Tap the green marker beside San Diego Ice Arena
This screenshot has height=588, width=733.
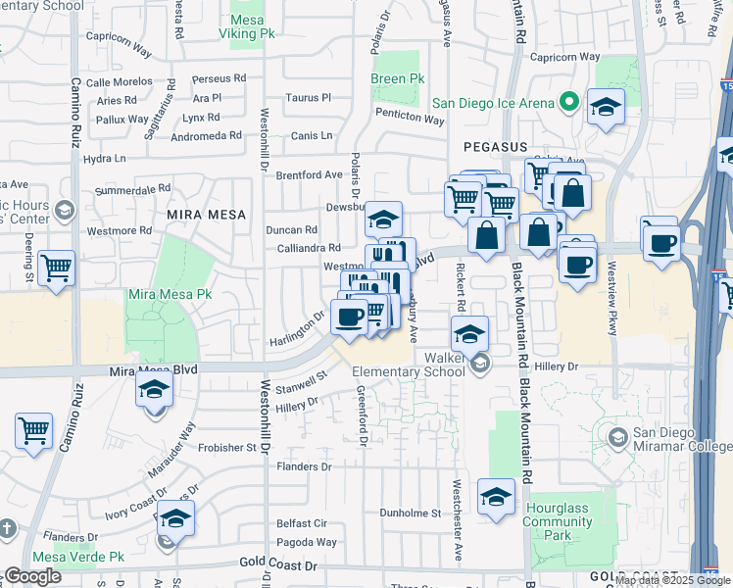point(567,102)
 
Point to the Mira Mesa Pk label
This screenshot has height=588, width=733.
point(171,293)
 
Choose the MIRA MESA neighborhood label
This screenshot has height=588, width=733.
point(205,213)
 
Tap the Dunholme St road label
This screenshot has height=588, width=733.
point(412,513)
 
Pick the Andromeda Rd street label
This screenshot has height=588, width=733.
point(207,135)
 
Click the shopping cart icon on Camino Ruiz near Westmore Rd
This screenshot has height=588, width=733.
point(57,267)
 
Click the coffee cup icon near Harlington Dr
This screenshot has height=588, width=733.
point(350,316)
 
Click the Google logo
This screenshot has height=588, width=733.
point(32,576)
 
